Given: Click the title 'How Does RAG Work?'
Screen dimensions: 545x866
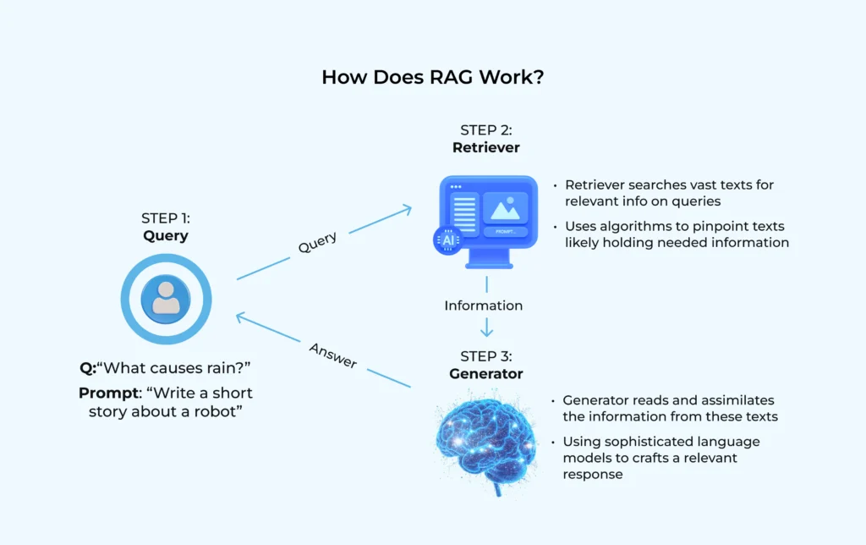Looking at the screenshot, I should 432,77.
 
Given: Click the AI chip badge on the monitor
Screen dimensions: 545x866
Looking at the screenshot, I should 447,240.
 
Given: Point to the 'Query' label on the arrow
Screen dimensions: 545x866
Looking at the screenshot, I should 317,243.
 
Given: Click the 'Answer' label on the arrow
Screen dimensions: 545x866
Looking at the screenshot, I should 332,355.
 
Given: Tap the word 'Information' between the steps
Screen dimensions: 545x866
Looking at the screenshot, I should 483,306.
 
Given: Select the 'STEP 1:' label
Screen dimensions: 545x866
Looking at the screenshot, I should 166,218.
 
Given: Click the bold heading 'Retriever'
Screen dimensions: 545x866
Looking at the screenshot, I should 485,147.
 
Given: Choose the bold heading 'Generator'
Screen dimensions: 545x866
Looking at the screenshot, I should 485,373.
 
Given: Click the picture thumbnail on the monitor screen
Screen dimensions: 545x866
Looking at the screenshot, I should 505,206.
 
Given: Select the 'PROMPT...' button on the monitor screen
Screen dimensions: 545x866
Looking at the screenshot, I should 505,231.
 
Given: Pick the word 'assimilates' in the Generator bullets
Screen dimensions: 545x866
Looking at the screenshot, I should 737,400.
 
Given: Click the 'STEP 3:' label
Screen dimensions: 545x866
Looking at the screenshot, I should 485,355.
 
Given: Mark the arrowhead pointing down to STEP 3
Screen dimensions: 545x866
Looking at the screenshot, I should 486,332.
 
